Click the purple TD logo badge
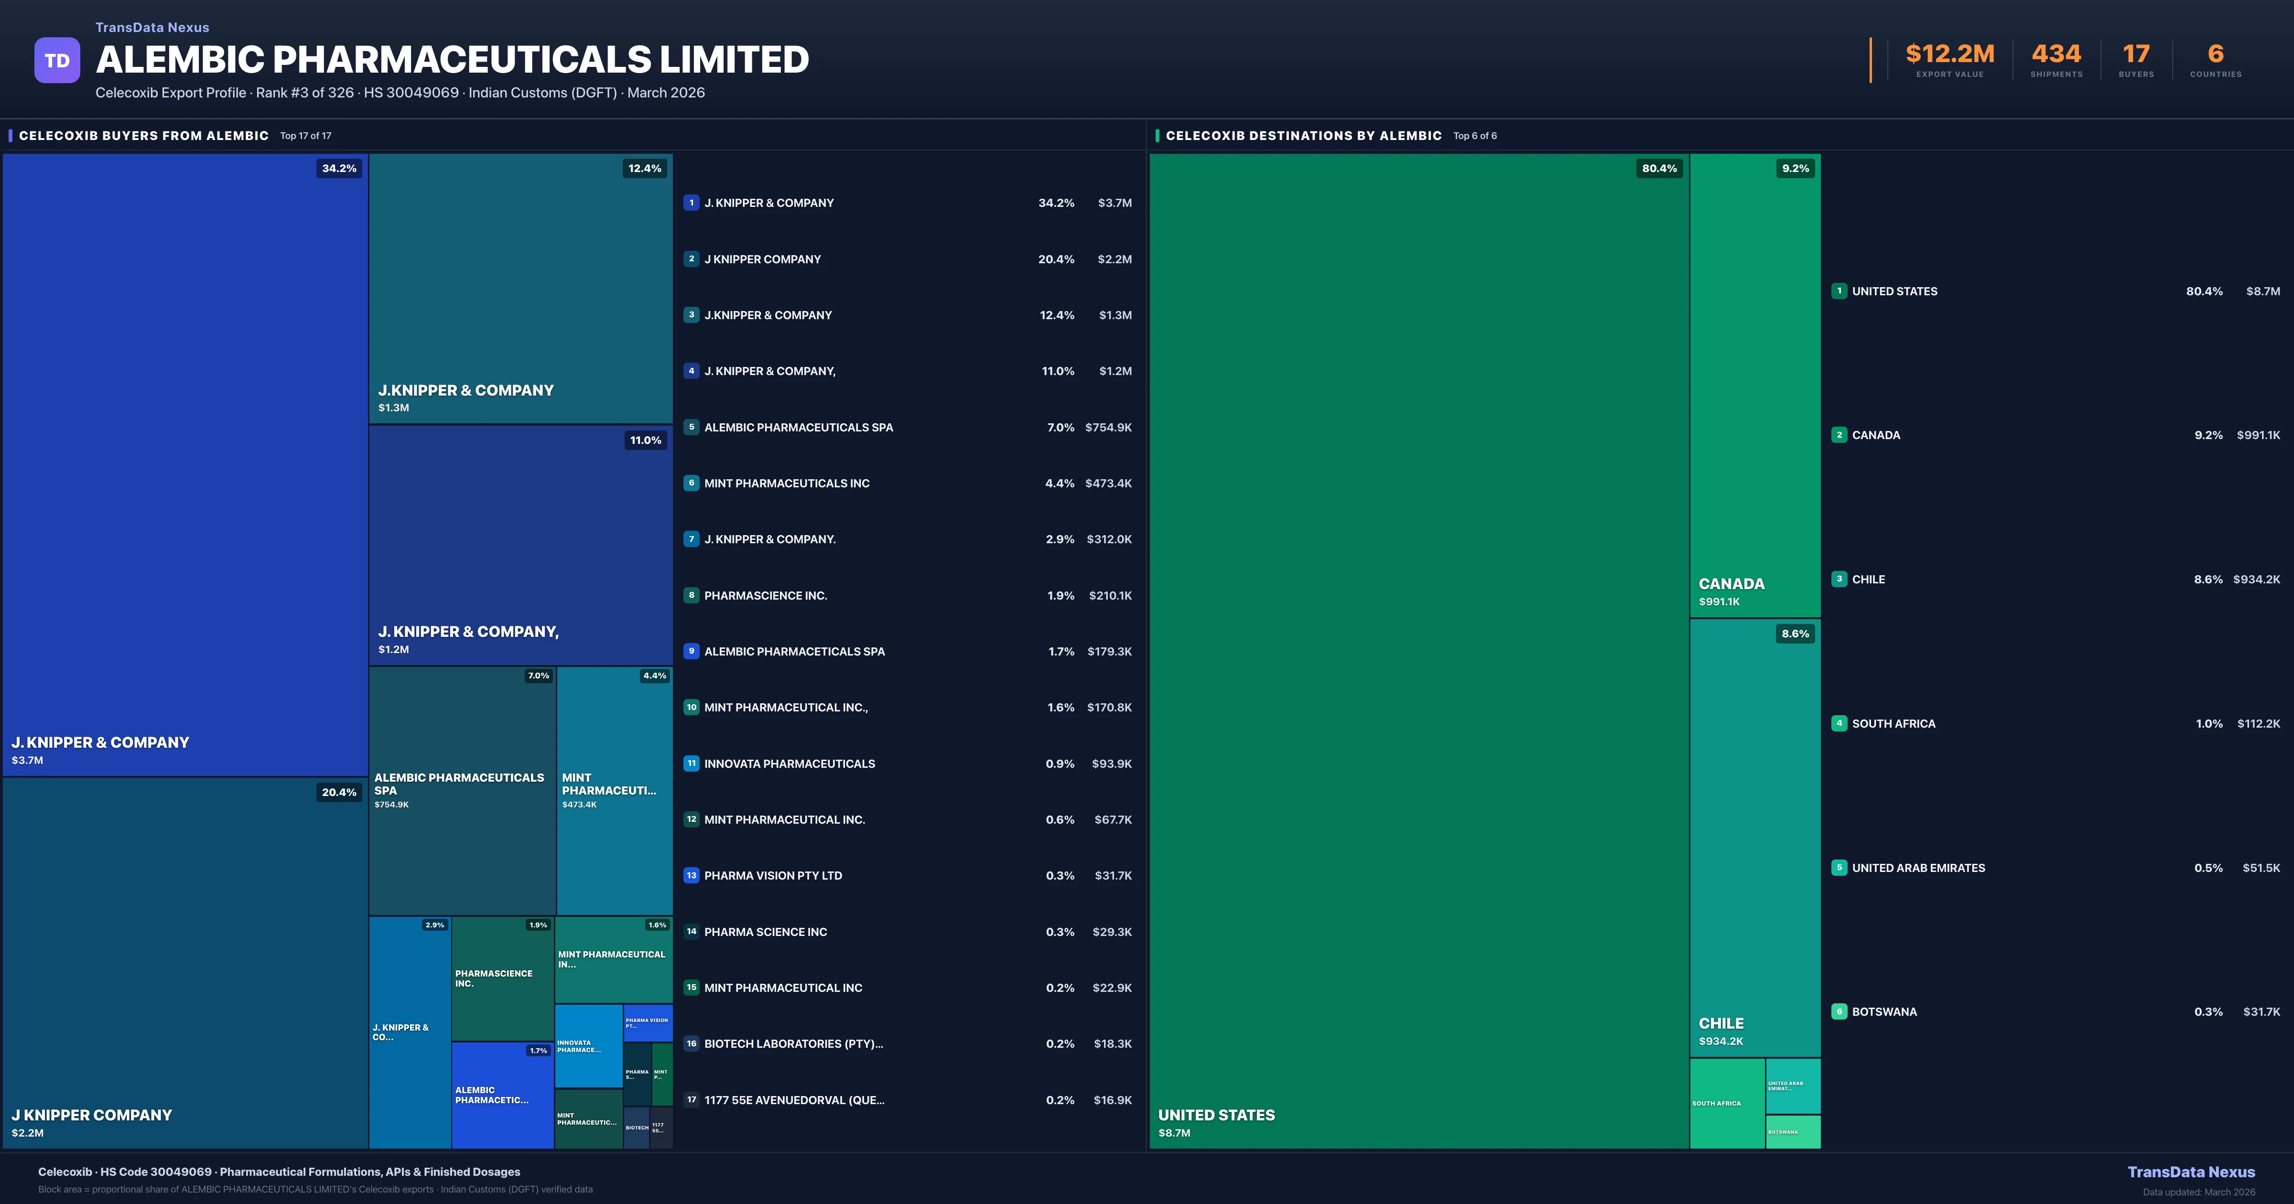point(57,61)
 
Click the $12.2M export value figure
point(1949,54)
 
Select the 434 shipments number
point(2056,54)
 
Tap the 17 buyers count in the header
point(2135,54)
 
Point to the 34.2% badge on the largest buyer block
point(338,168)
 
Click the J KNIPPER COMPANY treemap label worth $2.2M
point(92,1115)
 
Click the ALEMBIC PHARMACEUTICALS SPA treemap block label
point(459,784)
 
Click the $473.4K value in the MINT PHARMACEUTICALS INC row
point(1108,484)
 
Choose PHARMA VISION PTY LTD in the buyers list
point(772,875)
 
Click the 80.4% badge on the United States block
point(1658,168)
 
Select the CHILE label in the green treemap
point(1720,1023)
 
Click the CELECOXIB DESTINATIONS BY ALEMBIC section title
point(1303,135)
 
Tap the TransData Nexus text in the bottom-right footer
point(2191,1172)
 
